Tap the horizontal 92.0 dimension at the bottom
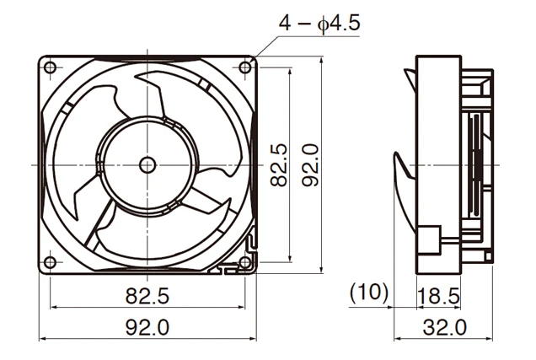pyautogui.click(x=147, y=327)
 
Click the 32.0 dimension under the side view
pyautogui.click(x=443, y=327)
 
